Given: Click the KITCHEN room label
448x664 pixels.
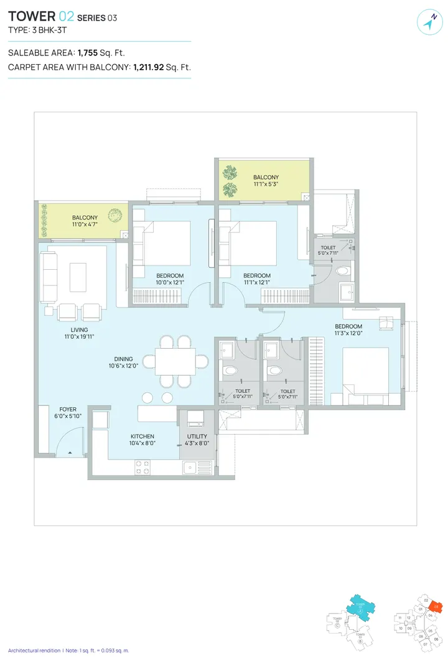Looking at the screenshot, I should pos(142,436).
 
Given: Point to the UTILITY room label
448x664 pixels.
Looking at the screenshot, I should pos(197,436).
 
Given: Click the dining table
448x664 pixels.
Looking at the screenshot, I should pos(175,361).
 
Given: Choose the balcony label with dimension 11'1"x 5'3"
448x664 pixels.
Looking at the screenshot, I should pos(266,177).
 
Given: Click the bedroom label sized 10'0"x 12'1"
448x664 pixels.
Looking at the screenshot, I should pos(169,275).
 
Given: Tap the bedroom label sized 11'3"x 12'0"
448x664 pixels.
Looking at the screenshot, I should pos(348,326).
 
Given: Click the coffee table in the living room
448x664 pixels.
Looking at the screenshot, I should pos(78,277).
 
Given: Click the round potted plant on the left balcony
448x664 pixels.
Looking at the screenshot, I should pos(114,216).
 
